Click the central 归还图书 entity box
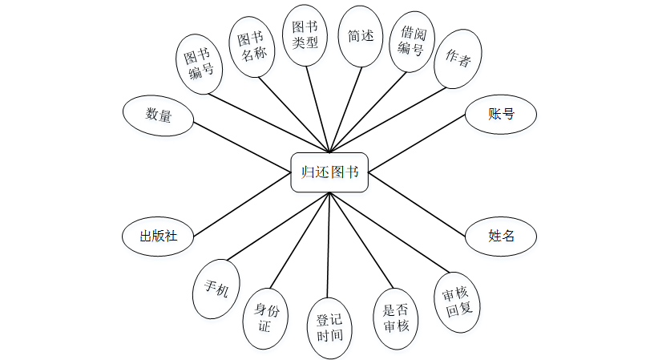coord(329,172)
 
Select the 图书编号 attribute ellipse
coord(200,64)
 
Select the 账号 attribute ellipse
coord(501,115)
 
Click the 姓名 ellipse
coord(501,237)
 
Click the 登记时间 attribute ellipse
coord(329,327)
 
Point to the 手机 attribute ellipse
coord(216,288)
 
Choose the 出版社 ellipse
coord(158,237)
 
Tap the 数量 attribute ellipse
coord(158,115)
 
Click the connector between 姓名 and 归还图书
coord(417,205)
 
